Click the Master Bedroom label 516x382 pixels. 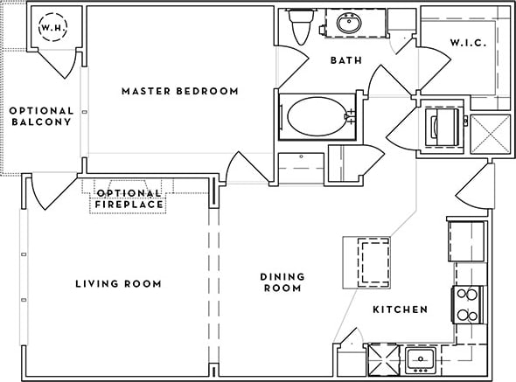pyautogui.click(x=179, y=91)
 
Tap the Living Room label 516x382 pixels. pyautogui.click(x=118, y=283)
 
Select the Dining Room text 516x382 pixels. pyautogui.click(x=281, y=282)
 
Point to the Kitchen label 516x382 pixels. pyautogui.click(x=400, y=309)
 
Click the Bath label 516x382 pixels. pyautogui.click(x=345, y=61)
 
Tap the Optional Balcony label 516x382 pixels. pyautogui.click(x=40, y=115)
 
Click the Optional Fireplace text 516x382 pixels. pyautogui.click(x=129, y=198)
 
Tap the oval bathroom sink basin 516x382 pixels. pyautogui.click(x=348, y=24)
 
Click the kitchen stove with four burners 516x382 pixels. pyautogui.click(x=468, y=304)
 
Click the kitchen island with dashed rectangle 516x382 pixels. pyautogui.click(x=364, y=261)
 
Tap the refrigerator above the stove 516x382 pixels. pyautogui.click(x=466, y=239)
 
